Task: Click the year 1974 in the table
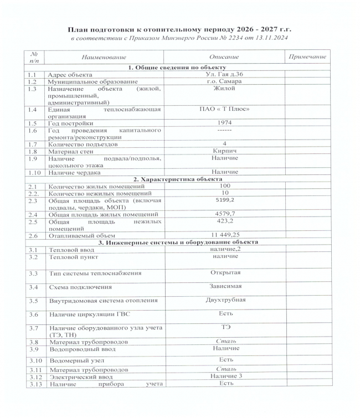point(225,123)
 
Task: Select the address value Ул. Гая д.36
point(225,74)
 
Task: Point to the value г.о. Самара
point(225,81)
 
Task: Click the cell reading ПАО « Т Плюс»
point(225,109)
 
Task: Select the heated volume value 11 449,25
point(225,235)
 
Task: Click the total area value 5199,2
point(225,200)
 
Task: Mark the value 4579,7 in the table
point(225,214)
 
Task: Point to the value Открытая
point(225,272)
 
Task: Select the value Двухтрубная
point(225,300)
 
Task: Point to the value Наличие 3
point(225,376)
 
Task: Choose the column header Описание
point(225,57)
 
